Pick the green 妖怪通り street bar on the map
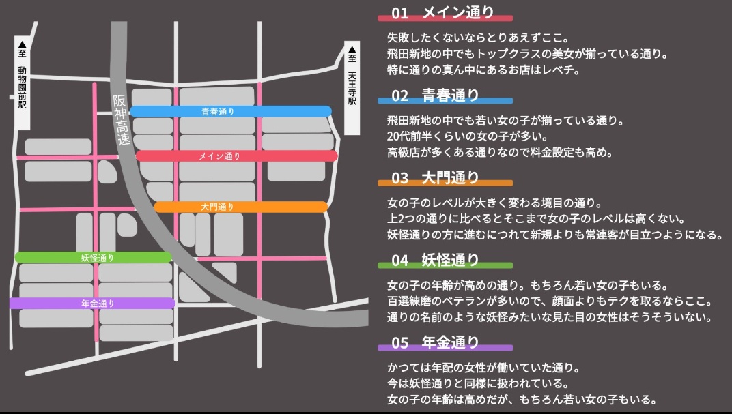coord(93,258)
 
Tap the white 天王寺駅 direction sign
coord(352,89)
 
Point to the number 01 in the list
coord(400,13)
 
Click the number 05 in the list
coord(400,342)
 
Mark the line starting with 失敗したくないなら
coord(478,37)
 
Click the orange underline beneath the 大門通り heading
coord(445,183)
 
